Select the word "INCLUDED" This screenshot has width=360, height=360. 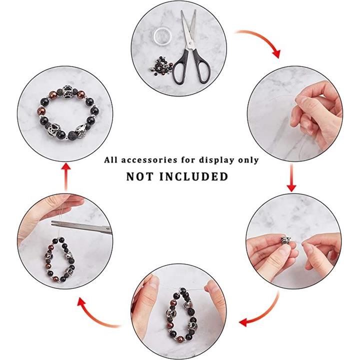pos(193,176)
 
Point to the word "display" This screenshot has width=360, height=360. pos(216,160)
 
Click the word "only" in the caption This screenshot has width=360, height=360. pos(248,160)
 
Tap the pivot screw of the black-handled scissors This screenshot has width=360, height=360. pos(190,43)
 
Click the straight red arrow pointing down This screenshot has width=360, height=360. pos(291,178)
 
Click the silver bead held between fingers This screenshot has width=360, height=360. pos(285,240)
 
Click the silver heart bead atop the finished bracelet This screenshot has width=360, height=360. pos(68,90)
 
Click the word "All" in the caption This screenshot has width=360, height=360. pos(111,160)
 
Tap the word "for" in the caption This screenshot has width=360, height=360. pos(188,160)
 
